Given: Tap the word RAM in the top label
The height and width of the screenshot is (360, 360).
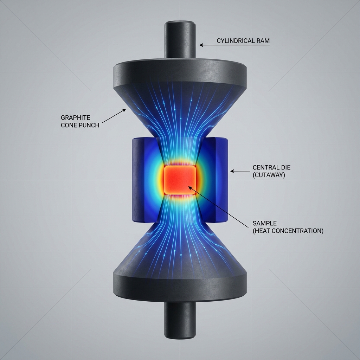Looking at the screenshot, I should click(263, 41).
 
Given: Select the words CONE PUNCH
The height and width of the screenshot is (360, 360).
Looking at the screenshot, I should click(80, 125).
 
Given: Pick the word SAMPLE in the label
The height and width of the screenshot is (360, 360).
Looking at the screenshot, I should click(264, 223).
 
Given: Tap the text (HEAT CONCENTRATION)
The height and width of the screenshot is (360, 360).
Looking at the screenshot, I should click(288, 231).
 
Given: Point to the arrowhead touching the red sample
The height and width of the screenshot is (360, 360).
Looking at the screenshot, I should click(190, 188).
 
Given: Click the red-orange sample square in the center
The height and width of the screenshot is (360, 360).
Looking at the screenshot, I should click(180, 179).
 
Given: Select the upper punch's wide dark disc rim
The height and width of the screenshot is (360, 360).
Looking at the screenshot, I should click(179, 76).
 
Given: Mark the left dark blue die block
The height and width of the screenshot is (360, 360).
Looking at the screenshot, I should click(139, 179).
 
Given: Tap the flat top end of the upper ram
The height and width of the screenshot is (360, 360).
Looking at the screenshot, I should click(180, 23).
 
